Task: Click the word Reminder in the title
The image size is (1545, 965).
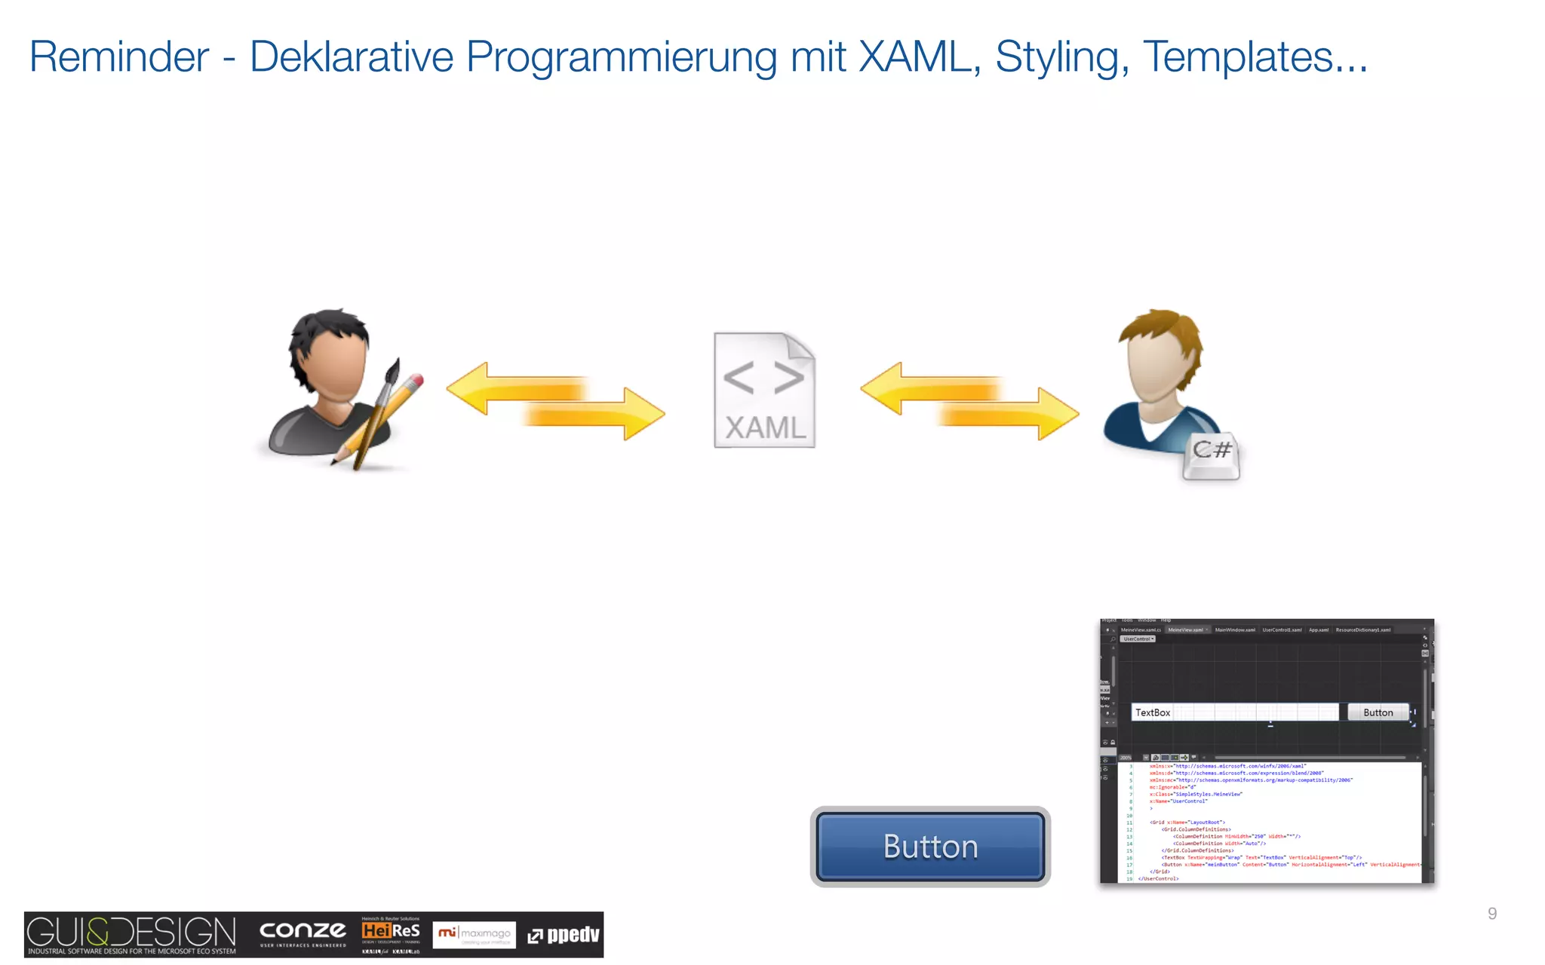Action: pos(119,57)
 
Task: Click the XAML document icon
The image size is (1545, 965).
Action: pos(764,391)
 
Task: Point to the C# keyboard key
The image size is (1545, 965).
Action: pos(1211,455)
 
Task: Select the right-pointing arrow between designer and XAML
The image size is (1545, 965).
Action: pos(596,414)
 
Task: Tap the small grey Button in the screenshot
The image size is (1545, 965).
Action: pos(1378,712)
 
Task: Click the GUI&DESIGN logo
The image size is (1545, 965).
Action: pos(131,934)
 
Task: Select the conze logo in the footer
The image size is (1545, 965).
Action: pos(303,933)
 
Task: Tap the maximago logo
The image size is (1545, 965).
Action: pos(474,934)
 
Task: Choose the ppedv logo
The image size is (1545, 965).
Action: pos(564,935)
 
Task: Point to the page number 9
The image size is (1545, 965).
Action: pos(1491,914)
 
